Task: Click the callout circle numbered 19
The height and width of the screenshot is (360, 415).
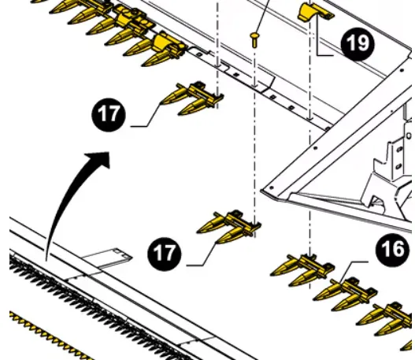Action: pos(358,44)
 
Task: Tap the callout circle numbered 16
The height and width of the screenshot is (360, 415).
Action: pos(392,250)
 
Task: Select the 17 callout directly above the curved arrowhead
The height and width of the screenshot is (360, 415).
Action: pos(109,115)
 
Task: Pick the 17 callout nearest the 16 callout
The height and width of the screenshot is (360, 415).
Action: pos(165,254)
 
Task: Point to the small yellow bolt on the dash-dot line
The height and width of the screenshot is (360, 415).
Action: pos(254,39)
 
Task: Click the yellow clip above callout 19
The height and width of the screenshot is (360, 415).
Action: pos(315,12)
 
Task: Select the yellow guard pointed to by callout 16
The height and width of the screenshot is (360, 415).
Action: pos(346,294)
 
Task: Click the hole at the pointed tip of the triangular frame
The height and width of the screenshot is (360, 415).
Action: pos(271,187)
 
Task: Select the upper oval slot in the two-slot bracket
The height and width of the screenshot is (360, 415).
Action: pos(399,150)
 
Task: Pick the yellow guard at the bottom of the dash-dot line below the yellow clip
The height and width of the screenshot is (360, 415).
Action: pos(302,270)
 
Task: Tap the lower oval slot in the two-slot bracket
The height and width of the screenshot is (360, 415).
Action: pos(398,167)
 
